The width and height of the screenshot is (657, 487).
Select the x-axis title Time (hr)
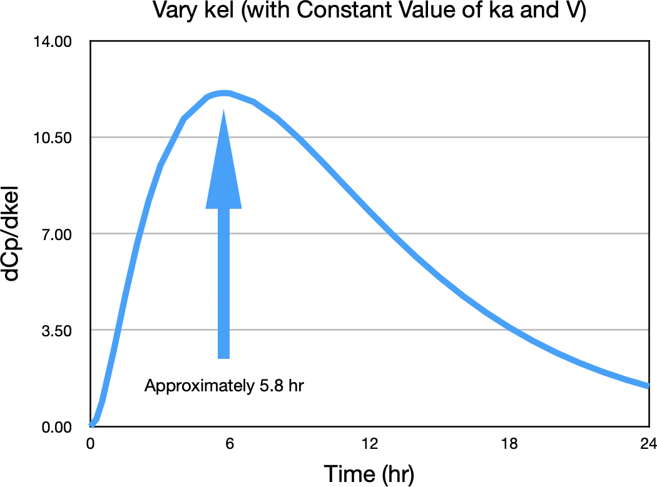click(x=369, y=473)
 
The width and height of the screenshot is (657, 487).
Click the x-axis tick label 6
click(x=230, y=444)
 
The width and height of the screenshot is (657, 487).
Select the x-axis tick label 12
click(x=370, y=444)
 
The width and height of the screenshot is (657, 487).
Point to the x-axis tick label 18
click(x=509, y=444)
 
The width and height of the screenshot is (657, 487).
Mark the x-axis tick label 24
click(x=649, y=444)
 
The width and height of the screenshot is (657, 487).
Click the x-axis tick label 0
click(x=91, y=444)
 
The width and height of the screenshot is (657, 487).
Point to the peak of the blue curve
click(x=223, y=93)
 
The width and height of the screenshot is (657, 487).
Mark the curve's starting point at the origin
click(x=91, y=425)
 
